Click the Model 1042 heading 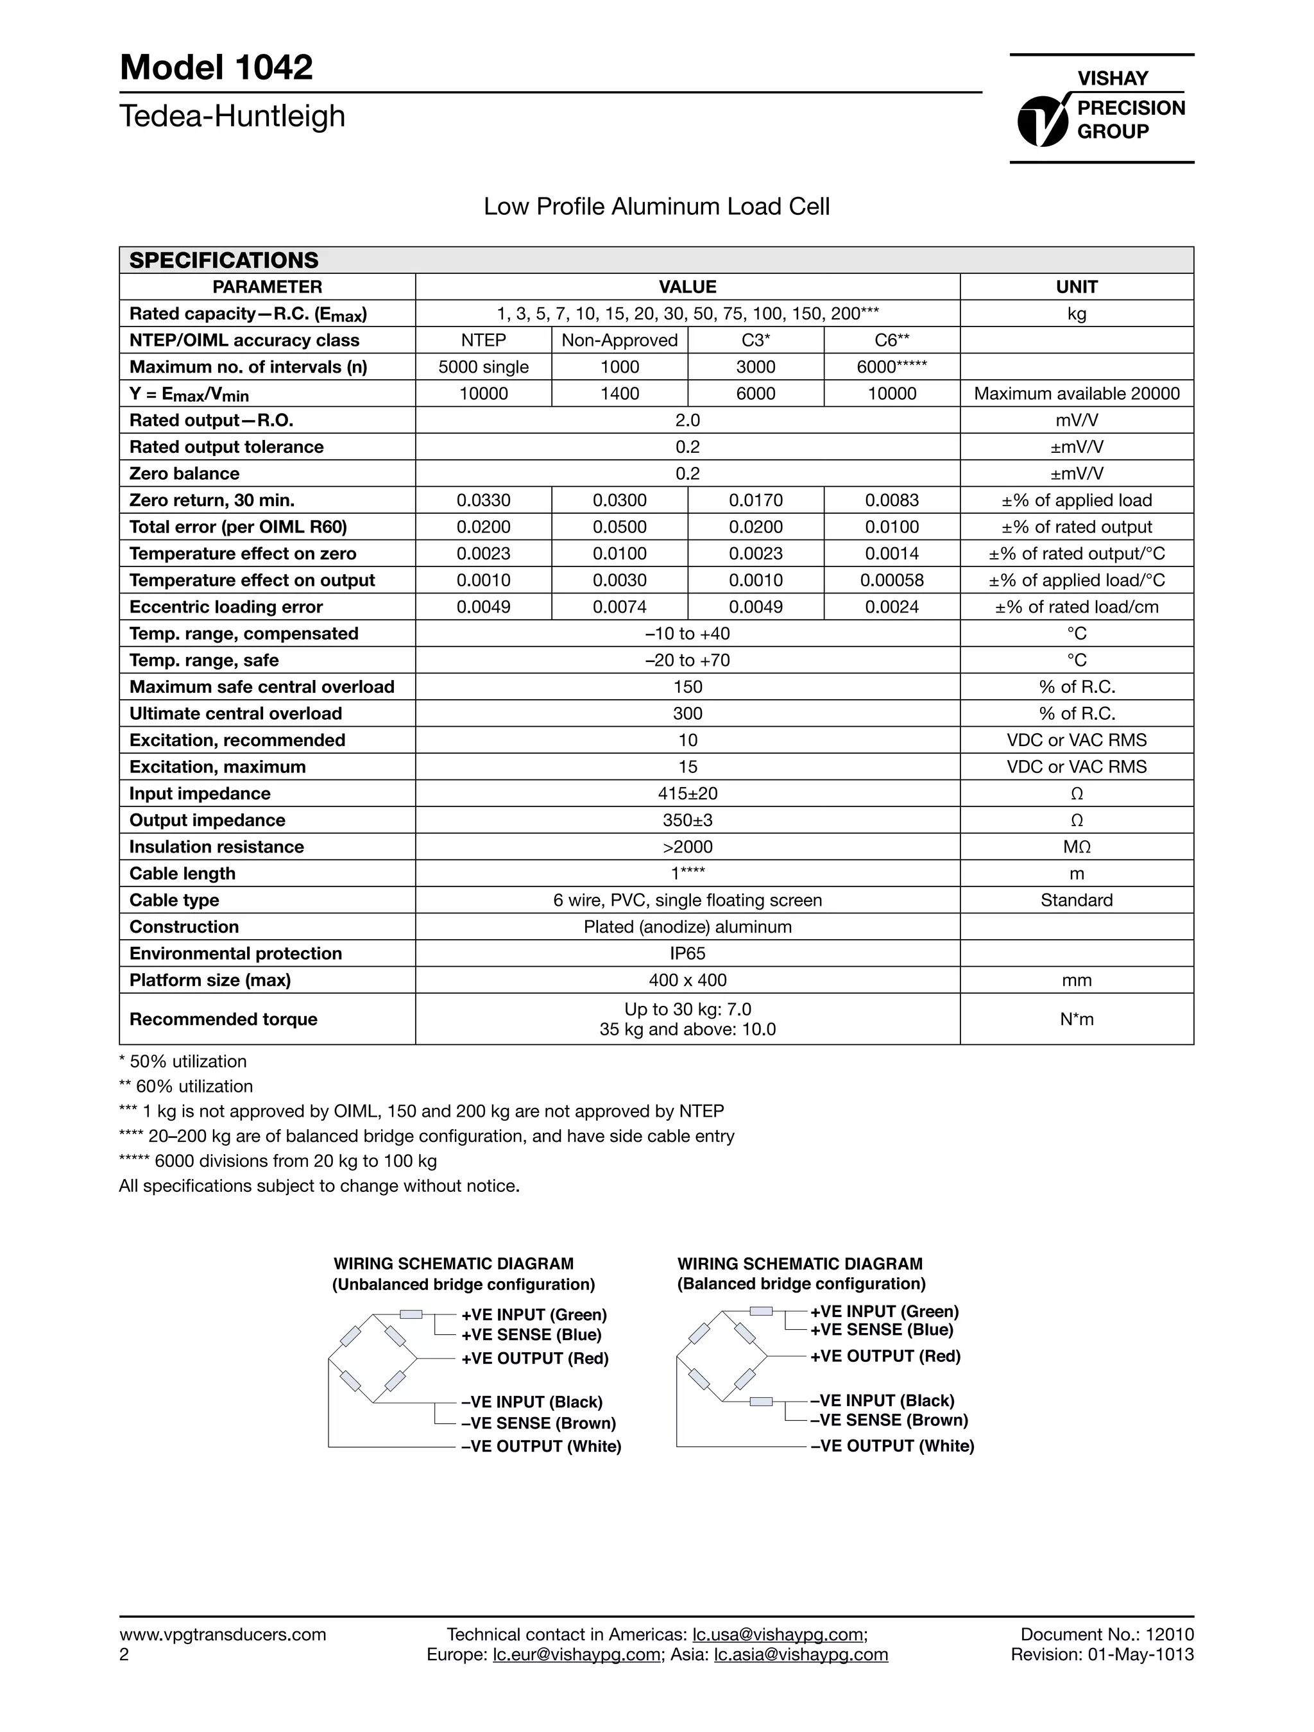click(x=216, y=68)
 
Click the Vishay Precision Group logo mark click(x=1044, y=120)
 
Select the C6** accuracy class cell click(x=891, y=340)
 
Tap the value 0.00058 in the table click(x=891, y=580)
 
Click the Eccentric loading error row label click(x=226, y=607)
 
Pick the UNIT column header click(x=1076, y=287)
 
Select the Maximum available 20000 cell click(x=1076, y=393)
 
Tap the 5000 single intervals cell click(x=483, y=366)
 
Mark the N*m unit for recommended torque click(x=1076, y=1019)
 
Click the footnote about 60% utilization click(x=185, y=1086)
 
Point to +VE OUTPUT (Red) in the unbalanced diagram click(x=534, y=1359)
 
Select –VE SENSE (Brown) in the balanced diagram click(x=889, y=1420)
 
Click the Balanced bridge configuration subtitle click(x=801, y=1284)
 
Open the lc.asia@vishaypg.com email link click(x=800, y=1654)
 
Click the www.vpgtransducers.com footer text click(x=223, y=1634)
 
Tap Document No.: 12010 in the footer click(x=1107, y=1634)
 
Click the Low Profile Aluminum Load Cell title click(x=656, y=207)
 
